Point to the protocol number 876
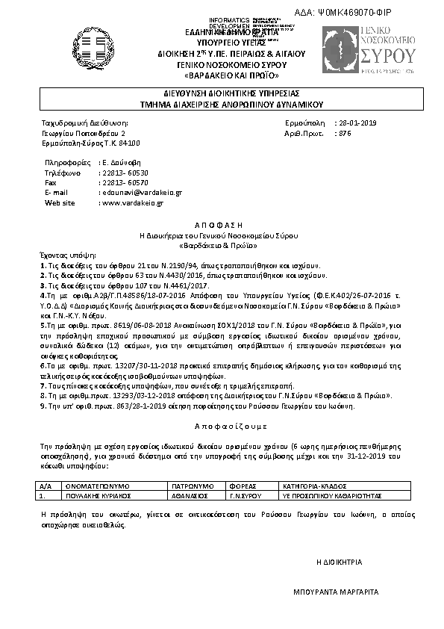tap(344, 132)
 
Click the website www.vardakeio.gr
tap(132, 202)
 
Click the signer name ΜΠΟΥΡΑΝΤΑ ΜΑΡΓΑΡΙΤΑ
tap(336, 592)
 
